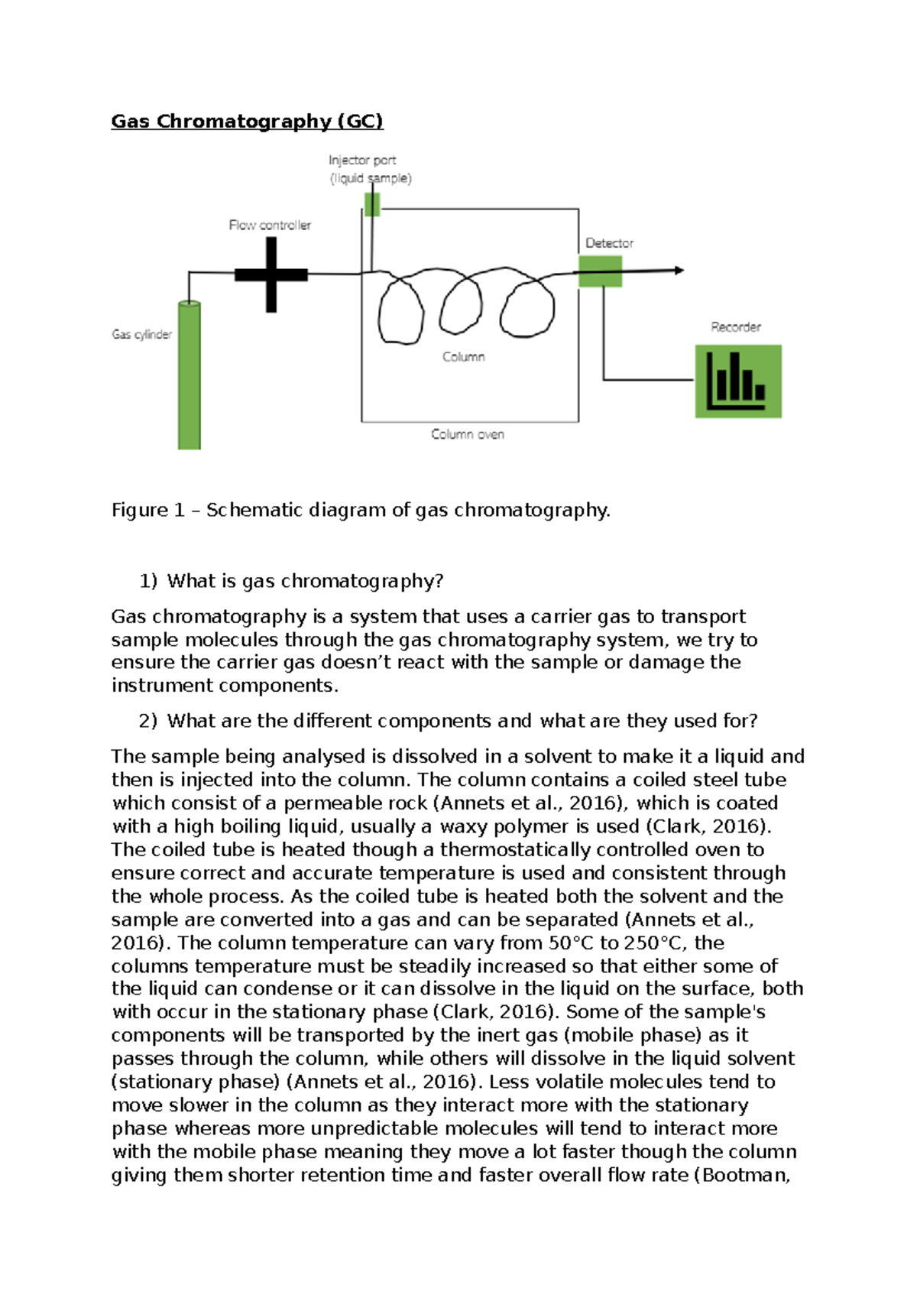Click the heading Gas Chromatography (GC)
click(x=247, y=122)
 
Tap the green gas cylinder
click(x=190, y=375)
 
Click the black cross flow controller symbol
click(x=271, y=274)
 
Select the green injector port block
click(x=372, y=205)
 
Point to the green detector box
click(x=600, y=271)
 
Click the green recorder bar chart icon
click(x=737, y=381)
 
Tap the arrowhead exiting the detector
click(x=679, y=270)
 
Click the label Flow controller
click(x=270, y=226)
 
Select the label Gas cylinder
click(x=141, y=334)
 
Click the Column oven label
click(x=467, y=434)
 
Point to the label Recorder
click(x=735, y=327)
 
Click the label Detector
click(x=609, y=243)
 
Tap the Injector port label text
click(x=362, y=161)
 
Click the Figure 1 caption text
click(x=361, y=510)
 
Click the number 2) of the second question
click(x=147, y=721)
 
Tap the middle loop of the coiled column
click(x=461, y=306)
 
